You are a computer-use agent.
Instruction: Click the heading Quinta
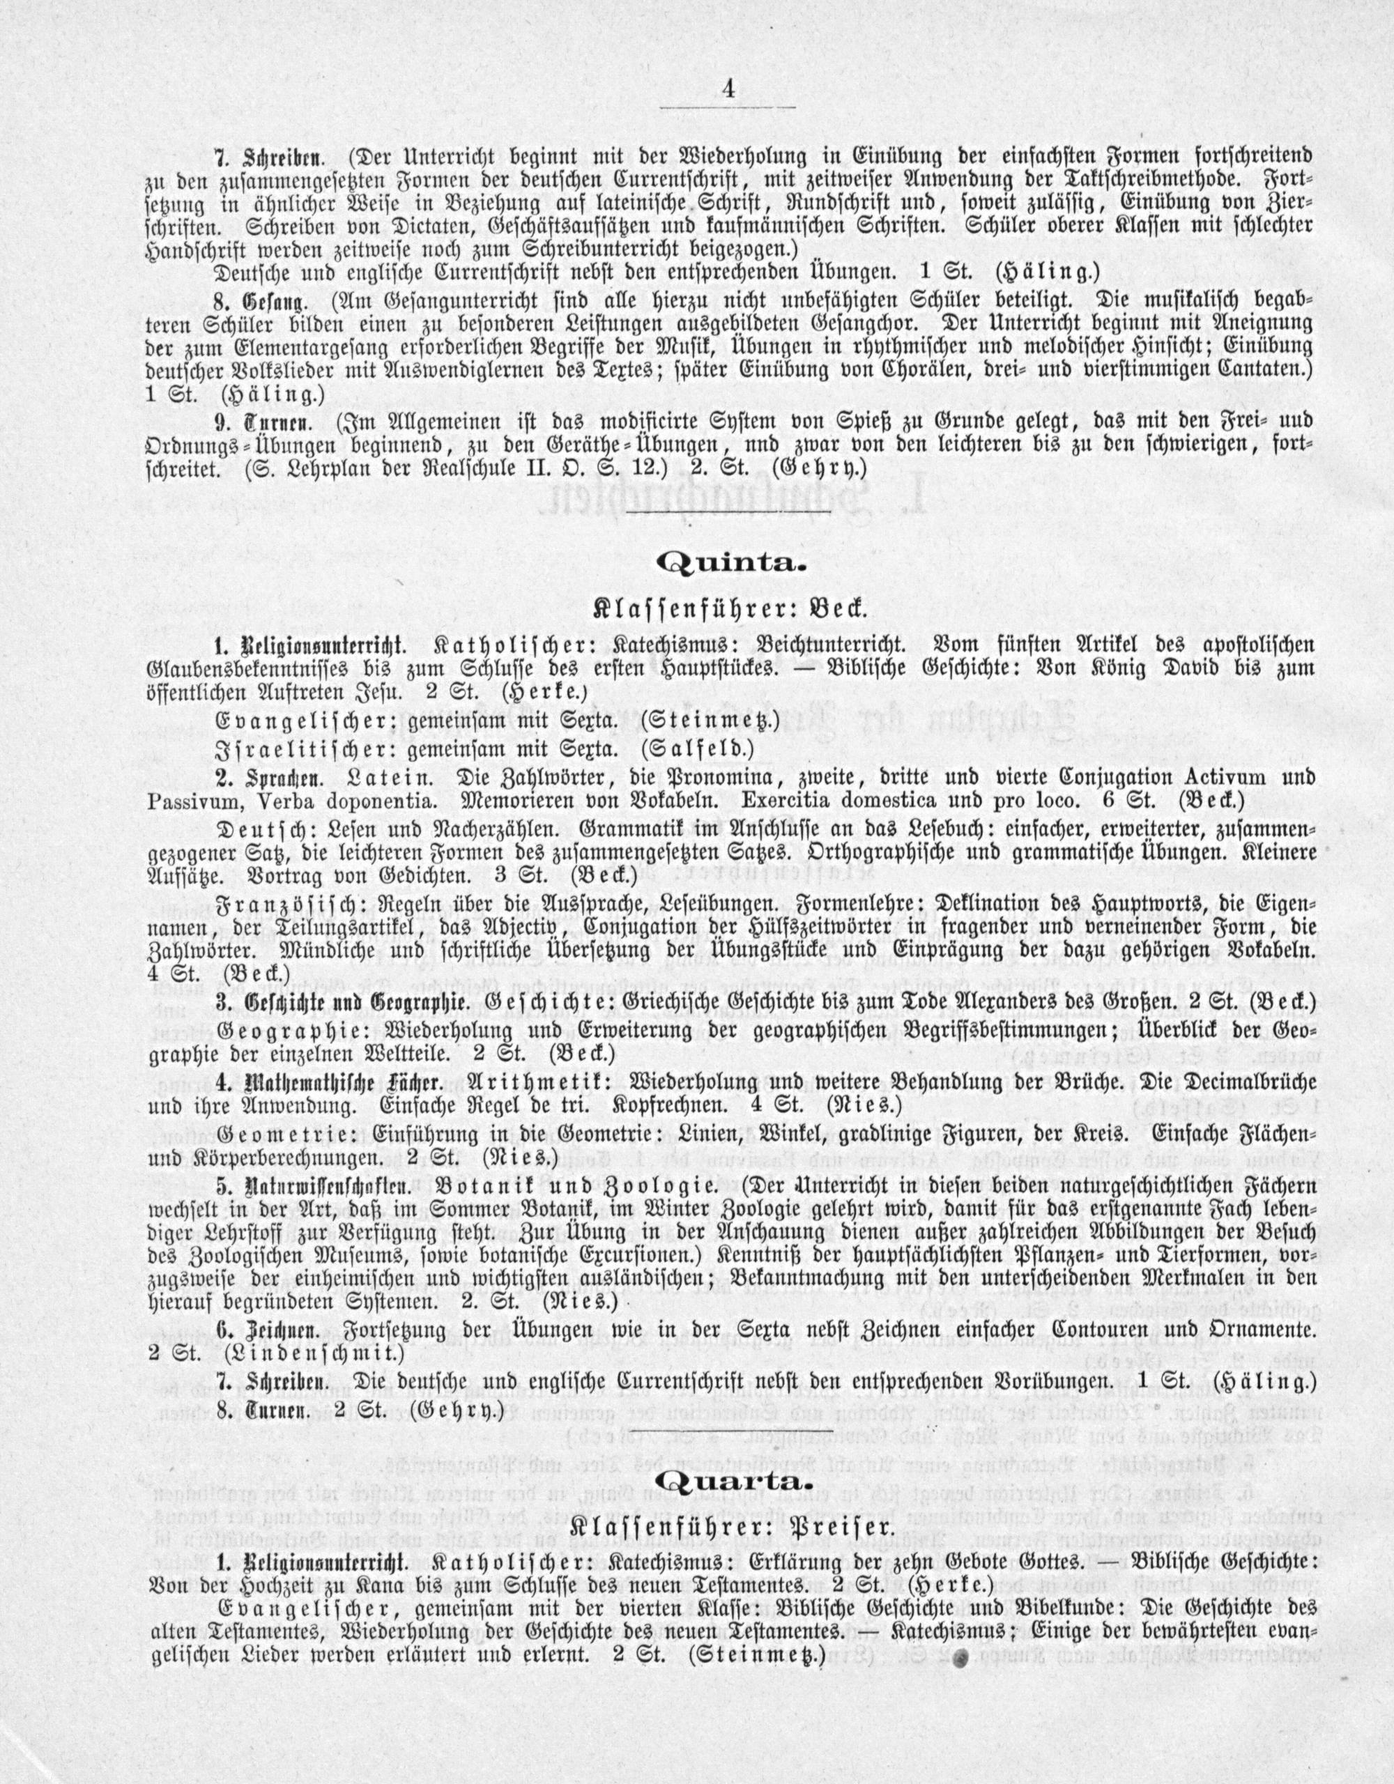(731, 564)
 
